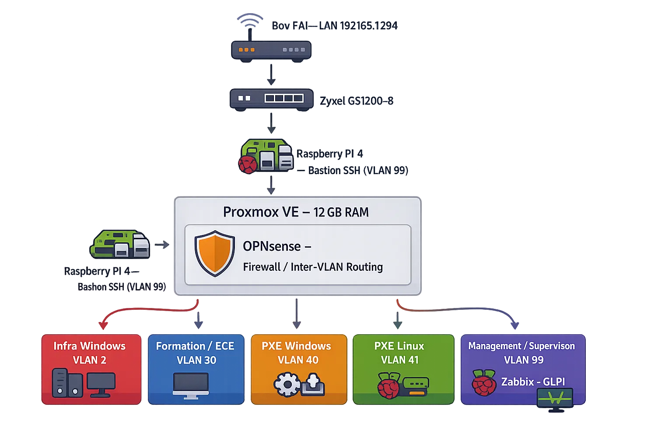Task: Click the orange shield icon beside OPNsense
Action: [x=214, y=253]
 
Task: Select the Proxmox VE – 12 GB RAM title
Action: [x=296, y=212]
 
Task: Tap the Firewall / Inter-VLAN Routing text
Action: [x=313, y=267]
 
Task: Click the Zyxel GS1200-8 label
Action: [x=357, y=101]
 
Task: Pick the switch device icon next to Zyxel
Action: [x=271, y=98]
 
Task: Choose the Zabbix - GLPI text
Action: [x=533, y=382]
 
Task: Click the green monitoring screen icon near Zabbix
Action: [x=555, y=399]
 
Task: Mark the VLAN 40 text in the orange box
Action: [x=298, y=360]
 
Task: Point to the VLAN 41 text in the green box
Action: [x=399, y=360]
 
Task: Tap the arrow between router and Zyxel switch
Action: [x=271, y=74]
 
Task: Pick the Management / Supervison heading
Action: [x=521, y=346]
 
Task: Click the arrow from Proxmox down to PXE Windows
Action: [x=297, y=313]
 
